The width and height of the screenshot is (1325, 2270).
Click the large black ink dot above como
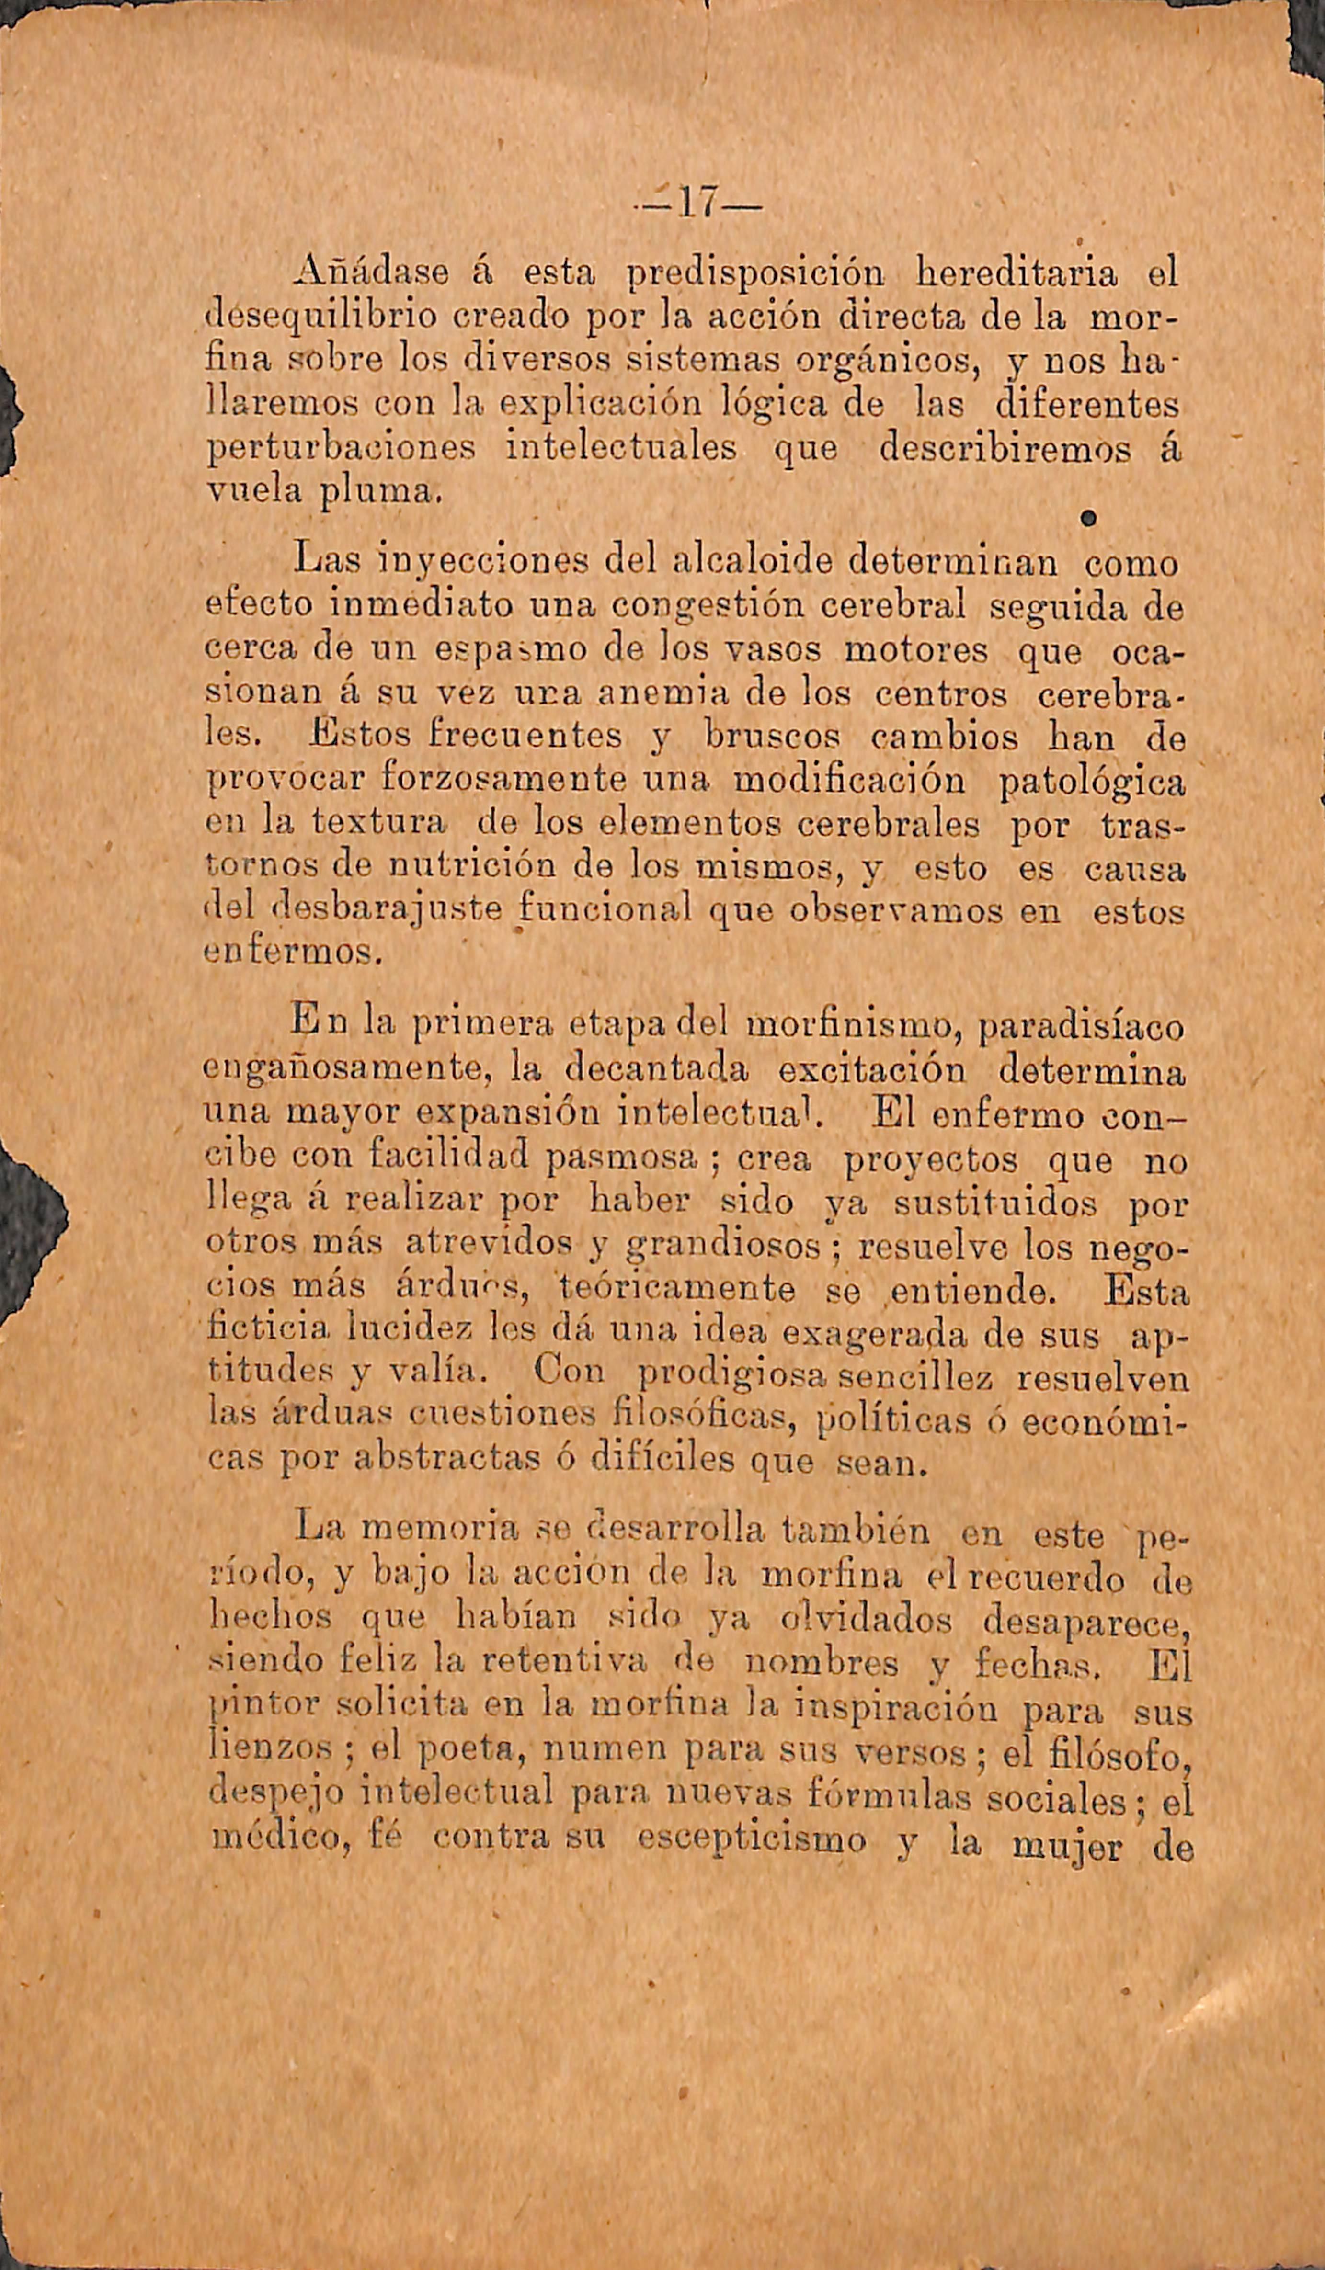(x=1088, y=518)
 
